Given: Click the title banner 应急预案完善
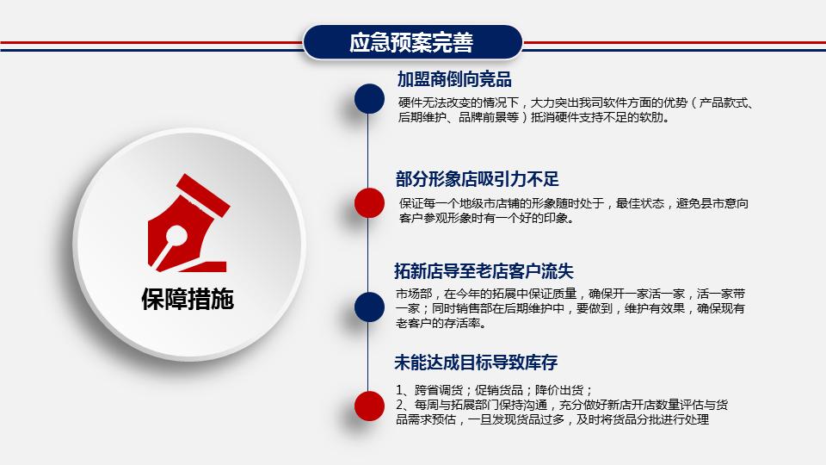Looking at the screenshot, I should (412, 42).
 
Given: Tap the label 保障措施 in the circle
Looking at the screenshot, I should (188, 299).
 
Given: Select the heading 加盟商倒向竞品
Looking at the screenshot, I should (454, 80).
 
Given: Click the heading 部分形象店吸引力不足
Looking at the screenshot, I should (478, 179).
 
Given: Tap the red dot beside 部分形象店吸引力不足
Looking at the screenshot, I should (369, 202).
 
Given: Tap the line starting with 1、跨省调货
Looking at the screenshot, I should (494, 388).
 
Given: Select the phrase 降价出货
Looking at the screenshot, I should (561, 388).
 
